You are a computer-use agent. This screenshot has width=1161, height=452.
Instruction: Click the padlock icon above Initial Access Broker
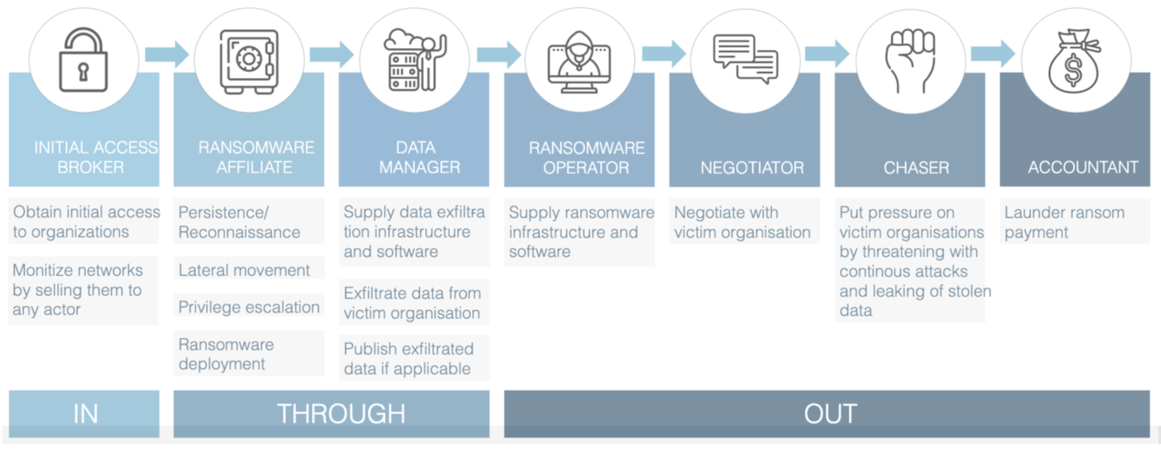pyautogui.click(x=84, y=60)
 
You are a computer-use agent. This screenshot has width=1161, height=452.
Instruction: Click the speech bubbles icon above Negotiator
pyautogui.click(x=745, y=59)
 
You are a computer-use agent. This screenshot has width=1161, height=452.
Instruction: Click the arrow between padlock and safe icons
pyautogui.click(x=166, y=54)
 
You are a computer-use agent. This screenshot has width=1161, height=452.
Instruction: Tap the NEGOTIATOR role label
pyautogui.click(x=752, y=168)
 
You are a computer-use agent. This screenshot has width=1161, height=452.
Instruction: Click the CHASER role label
pyautogui.click(x=917, y=168)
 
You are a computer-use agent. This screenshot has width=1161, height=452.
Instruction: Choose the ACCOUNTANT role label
pyautogui.click(x=1083, y=167)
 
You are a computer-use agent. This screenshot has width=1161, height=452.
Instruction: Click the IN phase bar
pyautogui.click(x=84, y=413)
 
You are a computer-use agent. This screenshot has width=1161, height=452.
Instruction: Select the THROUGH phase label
pyautogui.click(x=341, y=413)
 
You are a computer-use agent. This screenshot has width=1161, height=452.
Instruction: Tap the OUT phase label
pyautogui.click(x=830, y=413)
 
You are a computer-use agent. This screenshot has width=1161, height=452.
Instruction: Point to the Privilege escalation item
pyautogui.click(x=249, y=307)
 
